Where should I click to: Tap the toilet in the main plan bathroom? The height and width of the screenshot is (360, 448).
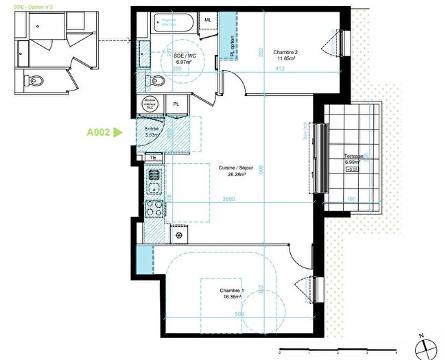(x=157, y=82)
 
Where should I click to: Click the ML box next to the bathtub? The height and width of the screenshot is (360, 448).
(x=208, y=20)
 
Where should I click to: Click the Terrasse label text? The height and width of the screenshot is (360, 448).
(x=353, y=157)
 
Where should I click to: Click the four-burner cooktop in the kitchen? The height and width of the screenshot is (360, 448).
(x=154, y=208)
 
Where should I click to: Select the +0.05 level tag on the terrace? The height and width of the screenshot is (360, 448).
(x=351, y=169)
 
